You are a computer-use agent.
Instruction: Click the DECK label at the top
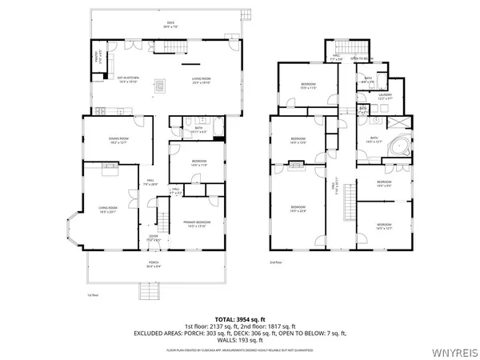click(169, 25)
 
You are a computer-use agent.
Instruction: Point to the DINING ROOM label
click(119, 140)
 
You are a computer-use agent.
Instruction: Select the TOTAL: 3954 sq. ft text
click(239, 319)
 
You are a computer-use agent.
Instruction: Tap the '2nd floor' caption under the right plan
click(277, 262)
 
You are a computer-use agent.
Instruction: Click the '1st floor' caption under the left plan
click(92, 295)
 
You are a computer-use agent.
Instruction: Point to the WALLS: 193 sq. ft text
click(239, 342)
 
